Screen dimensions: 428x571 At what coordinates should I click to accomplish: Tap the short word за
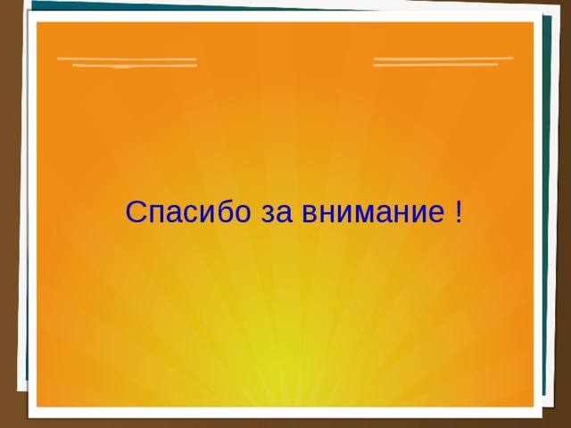(x=275, y=214)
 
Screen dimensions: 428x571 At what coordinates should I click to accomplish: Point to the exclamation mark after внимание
(x=458, y=212)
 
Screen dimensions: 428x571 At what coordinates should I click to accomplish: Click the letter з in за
(x=267, y=215)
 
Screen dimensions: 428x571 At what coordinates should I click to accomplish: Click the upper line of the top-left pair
(x=127, y=59)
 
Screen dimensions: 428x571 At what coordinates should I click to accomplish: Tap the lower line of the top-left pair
(x=134, y=66)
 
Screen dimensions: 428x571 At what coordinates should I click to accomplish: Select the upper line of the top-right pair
(x=443, y=59)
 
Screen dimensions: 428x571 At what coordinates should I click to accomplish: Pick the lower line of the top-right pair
(x=435, y=65)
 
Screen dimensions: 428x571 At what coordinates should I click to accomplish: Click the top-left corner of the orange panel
(x=38, y=23)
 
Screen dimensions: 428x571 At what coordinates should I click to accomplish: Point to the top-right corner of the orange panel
(x=533, y=23)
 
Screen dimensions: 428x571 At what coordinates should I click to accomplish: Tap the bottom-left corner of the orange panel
(x=38, y=406)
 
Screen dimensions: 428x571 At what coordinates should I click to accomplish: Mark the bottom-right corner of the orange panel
(x=533, y=406)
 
